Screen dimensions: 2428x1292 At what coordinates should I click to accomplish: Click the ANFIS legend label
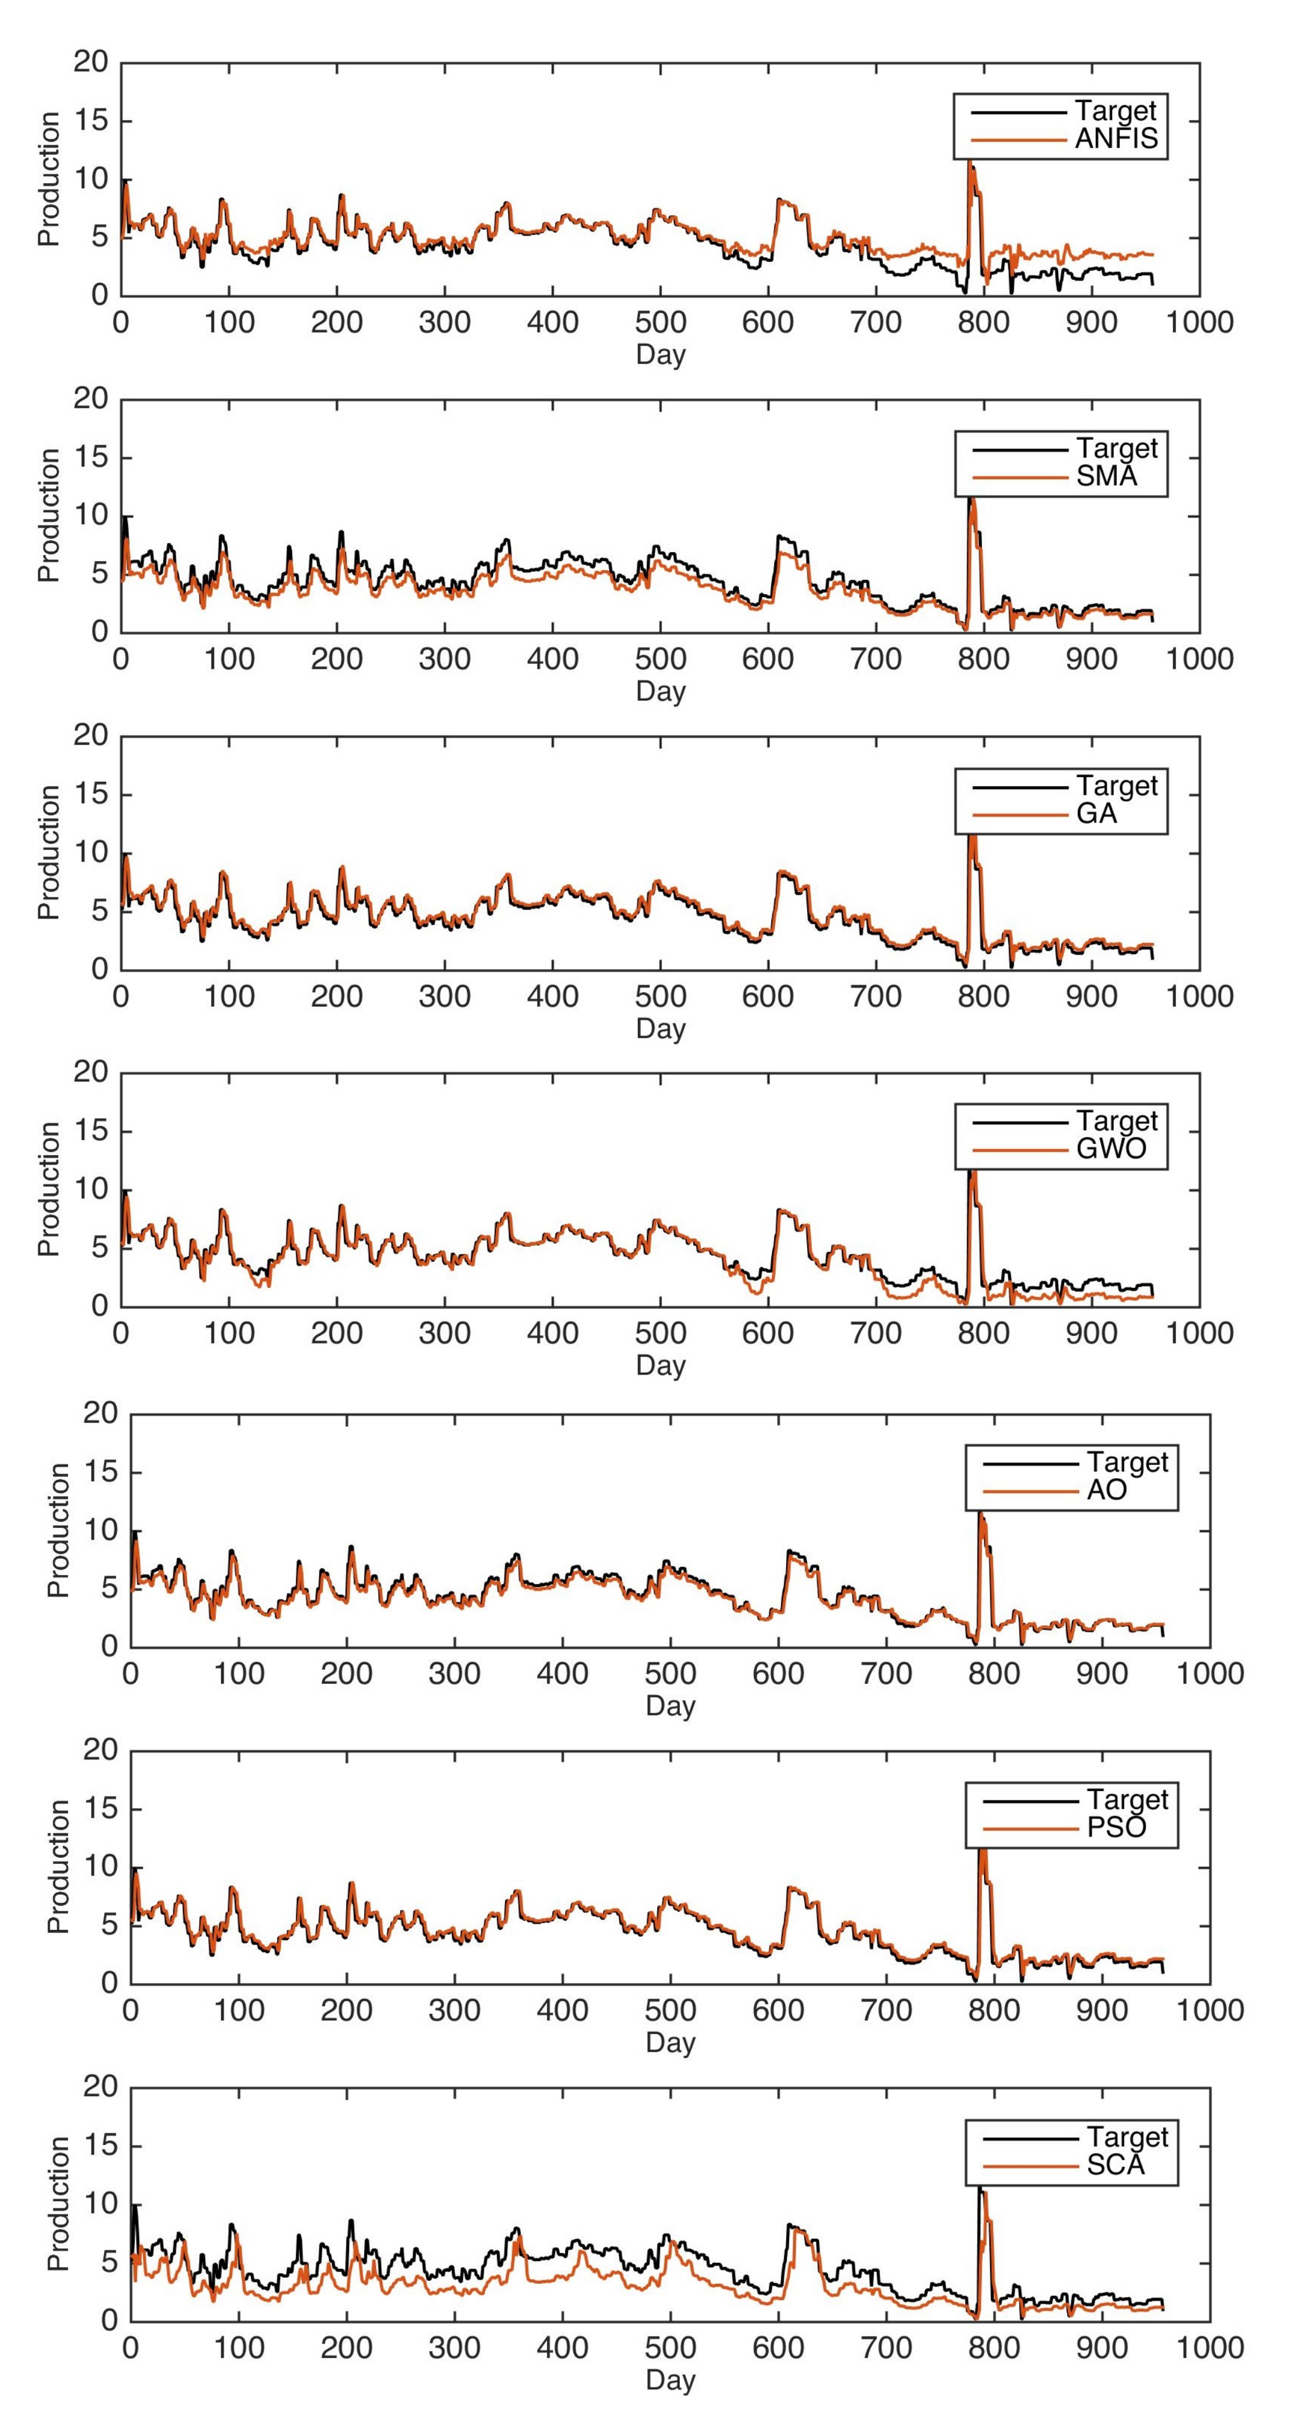click(x=1117, y=139)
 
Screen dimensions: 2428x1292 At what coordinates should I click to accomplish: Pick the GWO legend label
click(x=1111, y=1149)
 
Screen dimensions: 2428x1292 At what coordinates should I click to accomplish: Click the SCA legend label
click(x=1115, y=2165)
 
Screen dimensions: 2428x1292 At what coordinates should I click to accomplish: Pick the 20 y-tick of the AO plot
click(x=101, y=1413)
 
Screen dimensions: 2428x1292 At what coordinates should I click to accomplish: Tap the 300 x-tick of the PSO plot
click(x=454, y=2010)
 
